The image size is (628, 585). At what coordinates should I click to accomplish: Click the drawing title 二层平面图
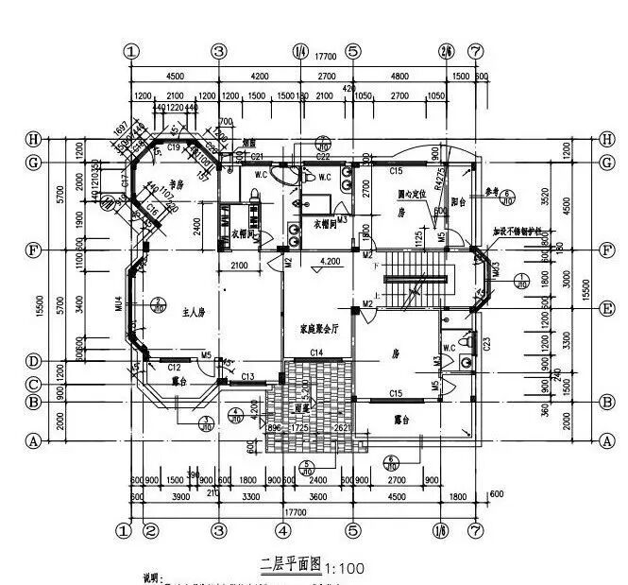coord(291,564)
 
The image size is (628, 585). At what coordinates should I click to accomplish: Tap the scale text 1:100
coord(344,569)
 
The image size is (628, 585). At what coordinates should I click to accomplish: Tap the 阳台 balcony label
coord(460,200)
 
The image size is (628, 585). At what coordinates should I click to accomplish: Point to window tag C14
coord(317,353)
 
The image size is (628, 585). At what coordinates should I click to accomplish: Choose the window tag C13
coord(247,377)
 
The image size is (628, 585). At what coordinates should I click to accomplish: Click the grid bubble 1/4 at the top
coord(300,51)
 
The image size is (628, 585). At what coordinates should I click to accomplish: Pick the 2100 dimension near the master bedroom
coord(239,267)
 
